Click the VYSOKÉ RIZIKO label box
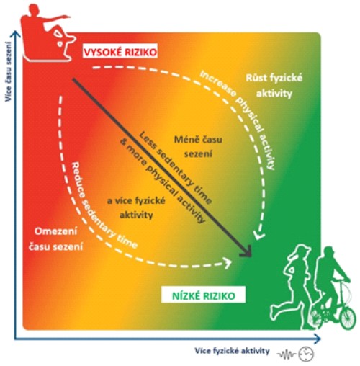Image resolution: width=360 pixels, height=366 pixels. click(120, 51)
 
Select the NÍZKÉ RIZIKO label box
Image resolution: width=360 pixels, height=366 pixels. click(204, 295)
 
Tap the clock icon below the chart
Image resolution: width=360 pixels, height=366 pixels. click(306, 354)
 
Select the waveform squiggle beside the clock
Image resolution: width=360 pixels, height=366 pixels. click(287, 354)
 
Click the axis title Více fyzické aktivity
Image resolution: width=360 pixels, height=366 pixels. click(232, 351)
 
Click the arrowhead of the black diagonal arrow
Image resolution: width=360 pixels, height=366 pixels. click(247, 252)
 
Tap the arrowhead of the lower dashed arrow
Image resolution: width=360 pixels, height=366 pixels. click(228, 262)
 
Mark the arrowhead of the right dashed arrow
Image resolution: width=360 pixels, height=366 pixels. click(258, 235)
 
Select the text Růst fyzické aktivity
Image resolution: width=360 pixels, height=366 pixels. click(274, 86)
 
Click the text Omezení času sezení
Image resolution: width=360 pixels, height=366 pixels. click(55, 239)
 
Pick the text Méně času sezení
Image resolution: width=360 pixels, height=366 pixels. click(198, 146)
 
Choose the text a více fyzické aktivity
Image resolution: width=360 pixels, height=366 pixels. click(136, 207)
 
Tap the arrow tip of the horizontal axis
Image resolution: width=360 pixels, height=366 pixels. click(320, 339)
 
